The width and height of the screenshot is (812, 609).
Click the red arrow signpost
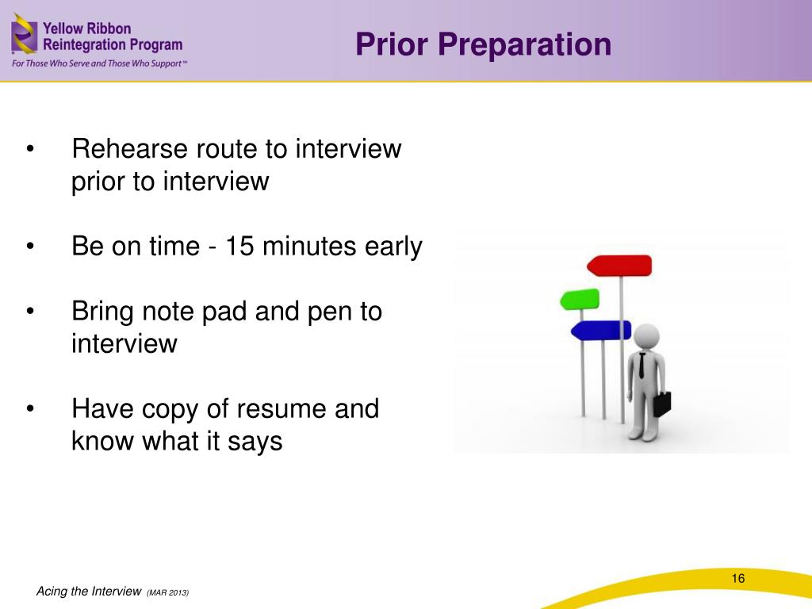(619, 266)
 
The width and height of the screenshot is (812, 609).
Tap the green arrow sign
(580, 299)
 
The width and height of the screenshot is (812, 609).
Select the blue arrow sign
(601, 331)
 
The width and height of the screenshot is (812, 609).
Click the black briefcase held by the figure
(662, 404)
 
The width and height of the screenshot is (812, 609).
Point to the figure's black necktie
(642, 365)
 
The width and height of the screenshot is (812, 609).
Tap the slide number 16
(738, 578)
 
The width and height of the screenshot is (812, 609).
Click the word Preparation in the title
(525, 44)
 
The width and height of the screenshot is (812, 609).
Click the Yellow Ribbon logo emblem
(25, 34)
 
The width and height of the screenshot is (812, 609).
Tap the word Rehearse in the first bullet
(129, 148)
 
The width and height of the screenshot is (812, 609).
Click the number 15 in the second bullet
(239, 246)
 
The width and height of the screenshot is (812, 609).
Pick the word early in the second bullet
(393, 247)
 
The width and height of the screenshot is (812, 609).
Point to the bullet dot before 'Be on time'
(30, 246)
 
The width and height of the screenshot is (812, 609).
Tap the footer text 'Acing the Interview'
(89, 592)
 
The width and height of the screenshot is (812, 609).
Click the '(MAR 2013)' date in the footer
(168, 592)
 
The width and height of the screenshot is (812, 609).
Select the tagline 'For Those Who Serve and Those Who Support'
(99, 63)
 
